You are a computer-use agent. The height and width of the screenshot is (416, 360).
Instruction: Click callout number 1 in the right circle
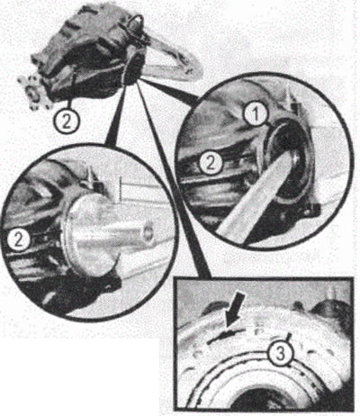click(x=256, y=116)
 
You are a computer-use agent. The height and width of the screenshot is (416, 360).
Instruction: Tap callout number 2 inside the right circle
click(x=211, y=163)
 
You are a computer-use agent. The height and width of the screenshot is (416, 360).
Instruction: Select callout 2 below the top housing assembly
click(x=67, y=122)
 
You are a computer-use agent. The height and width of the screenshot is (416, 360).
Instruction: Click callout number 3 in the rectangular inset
click(x=280, y=355)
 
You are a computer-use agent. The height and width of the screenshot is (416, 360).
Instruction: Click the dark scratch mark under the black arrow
click(x=224, y=335)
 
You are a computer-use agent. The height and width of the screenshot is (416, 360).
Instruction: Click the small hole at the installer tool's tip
click(x=148, y=235)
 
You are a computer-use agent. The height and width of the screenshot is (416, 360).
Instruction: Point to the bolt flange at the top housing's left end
click(x=33, y=93)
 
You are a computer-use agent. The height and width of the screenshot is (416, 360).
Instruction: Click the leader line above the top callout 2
click(x=73, y=94)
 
